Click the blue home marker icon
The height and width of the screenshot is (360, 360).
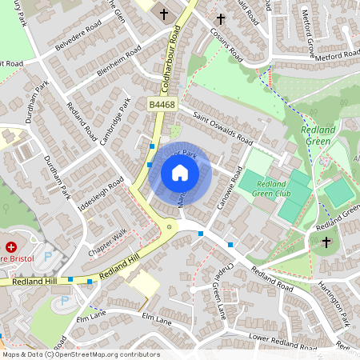coord(180,173)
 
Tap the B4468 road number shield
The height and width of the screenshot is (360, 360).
coord(161,104)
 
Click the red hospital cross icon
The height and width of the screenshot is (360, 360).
coord(12,247)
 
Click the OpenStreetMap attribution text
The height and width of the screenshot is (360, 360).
coord(80,354)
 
